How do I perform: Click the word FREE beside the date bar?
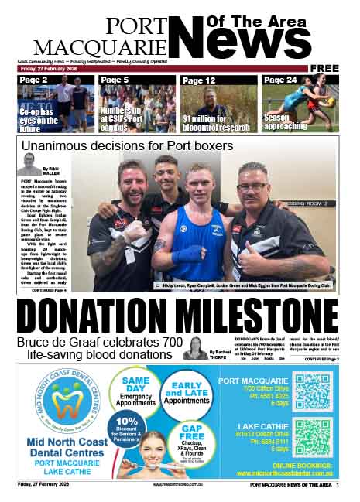[324, 68]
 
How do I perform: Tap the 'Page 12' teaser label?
[199, 80]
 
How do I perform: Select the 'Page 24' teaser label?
[279, 80]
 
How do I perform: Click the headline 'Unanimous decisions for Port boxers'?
[127, 145]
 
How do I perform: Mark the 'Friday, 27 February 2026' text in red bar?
[49, 68]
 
